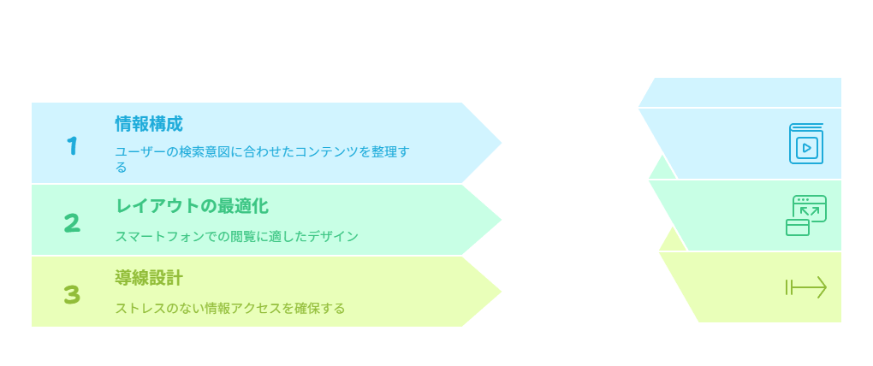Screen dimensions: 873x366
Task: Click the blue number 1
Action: pos(72,146)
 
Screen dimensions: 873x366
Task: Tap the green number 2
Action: pos(72,223)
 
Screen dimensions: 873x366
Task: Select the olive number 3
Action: pos(72,295)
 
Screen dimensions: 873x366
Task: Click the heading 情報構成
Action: pos(149,123)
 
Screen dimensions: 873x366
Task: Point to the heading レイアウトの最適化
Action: pos(192,206)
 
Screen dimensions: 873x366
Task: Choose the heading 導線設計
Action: pos(149,278)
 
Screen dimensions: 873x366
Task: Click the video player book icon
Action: pos(806,144)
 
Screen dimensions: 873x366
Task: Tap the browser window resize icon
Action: pos(806,215)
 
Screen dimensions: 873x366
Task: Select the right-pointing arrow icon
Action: pos(806,287)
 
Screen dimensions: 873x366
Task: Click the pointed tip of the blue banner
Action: pos(502,143)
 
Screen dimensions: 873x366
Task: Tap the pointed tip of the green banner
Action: pos(502,220)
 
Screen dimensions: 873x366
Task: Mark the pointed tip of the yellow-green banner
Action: pos(502,292)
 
